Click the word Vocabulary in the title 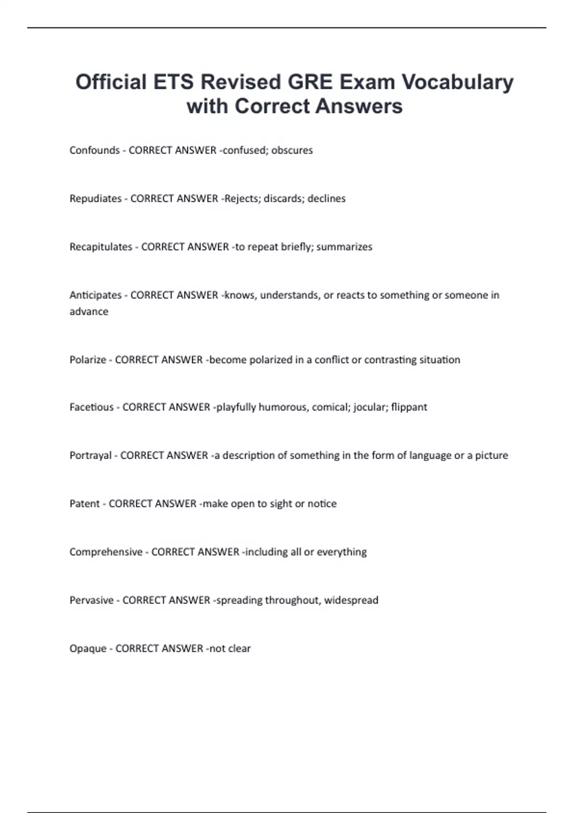457,82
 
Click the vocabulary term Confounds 95,150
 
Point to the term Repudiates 96,198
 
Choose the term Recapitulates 101,247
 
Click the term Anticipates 96,295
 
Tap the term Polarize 88,360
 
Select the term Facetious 92,407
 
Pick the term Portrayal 90,455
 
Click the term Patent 85,504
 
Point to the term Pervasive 92,600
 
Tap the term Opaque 88,648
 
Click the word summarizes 344,247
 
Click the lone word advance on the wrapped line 89,311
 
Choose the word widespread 351,600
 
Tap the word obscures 292,150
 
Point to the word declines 326,198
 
